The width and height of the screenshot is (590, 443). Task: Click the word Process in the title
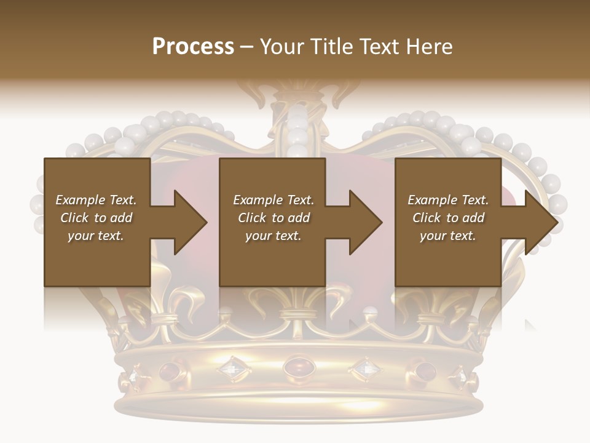pos(193,47)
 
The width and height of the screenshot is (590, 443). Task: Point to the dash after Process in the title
pos(247,47)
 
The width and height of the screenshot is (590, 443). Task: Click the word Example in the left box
pos(81,200)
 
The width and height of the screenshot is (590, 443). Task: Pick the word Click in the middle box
pos(251,218)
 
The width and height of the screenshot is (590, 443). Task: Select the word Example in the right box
pos(433,200)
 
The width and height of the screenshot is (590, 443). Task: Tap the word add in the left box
pos(121,218)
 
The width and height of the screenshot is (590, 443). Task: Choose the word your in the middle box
pos(259,236)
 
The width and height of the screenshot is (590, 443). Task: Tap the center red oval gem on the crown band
pos(297,368)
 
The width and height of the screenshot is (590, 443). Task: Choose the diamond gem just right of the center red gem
pos(365,369)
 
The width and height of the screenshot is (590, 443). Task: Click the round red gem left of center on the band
pos(169,371)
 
